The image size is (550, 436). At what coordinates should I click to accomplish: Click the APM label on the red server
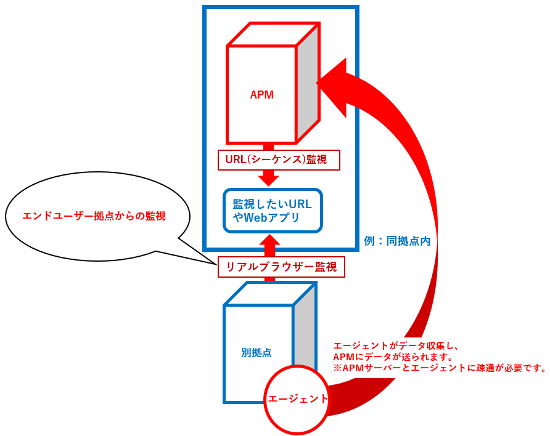pyautogui.click(x=261, y=95)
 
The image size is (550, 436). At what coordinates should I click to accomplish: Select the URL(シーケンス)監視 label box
pyautogui.click(x=279, y=160)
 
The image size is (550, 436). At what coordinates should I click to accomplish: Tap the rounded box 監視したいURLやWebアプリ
pyautogui.click(x=273, y=211)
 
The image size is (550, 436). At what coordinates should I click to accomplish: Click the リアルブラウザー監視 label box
pyautogui.click(x=281, y=267)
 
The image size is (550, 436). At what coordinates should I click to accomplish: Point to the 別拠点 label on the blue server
pyautogui.click(x=257, y=353)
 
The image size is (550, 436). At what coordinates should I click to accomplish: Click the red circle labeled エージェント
pyautogui.click(x=297, y=399)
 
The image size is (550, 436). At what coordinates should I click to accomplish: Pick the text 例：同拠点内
pyautogui.click(x=396, y=241)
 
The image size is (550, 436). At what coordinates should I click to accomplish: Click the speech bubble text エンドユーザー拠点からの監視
pyautogui.click(x=94, y=216)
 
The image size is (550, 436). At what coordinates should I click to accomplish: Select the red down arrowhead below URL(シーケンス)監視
pyautogui.click(x=269, y=179)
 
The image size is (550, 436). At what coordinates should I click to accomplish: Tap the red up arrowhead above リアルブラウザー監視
pyautogui.click(x=269, y=241)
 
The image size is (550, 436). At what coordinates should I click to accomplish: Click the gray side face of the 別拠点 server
pyautogui.click(x=304, y=333)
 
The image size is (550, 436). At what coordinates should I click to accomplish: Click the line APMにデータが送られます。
pyautogui.click(x=393, y=357)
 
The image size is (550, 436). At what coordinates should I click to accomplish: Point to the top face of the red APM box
pyautogui.click(x=273, y=35)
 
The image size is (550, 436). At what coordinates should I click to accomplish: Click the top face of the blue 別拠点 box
pyautogui.click(x=270, y=294)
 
